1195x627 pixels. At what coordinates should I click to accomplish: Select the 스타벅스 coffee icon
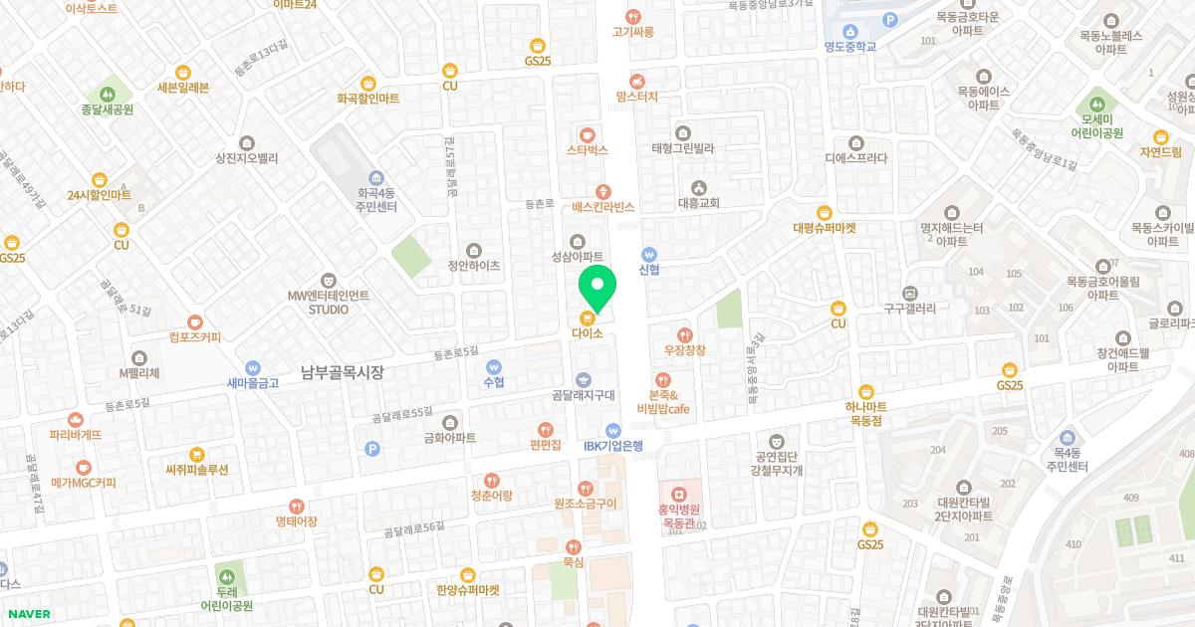tap(587, 133)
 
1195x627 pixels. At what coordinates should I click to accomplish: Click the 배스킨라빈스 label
tap(602, 207)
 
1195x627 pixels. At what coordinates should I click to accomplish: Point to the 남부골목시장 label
tap(342, 372)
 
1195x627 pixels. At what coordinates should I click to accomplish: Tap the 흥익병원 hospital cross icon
tap(677, 493)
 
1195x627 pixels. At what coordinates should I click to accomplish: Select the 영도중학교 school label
tap(849, 46)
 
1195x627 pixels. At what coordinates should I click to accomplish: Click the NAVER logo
tap(28, 614)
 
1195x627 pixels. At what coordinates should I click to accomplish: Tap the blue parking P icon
tap(372, 449)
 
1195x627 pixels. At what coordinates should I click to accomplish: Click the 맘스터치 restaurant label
tap(637, 97)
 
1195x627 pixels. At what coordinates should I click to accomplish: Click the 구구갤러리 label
tap(909, 309)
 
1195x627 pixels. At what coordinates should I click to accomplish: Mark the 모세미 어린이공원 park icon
tap(1097, 103)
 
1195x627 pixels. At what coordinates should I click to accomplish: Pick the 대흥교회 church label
tap(698, 202)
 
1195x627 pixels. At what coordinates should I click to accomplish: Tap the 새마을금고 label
tap(253, 383)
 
